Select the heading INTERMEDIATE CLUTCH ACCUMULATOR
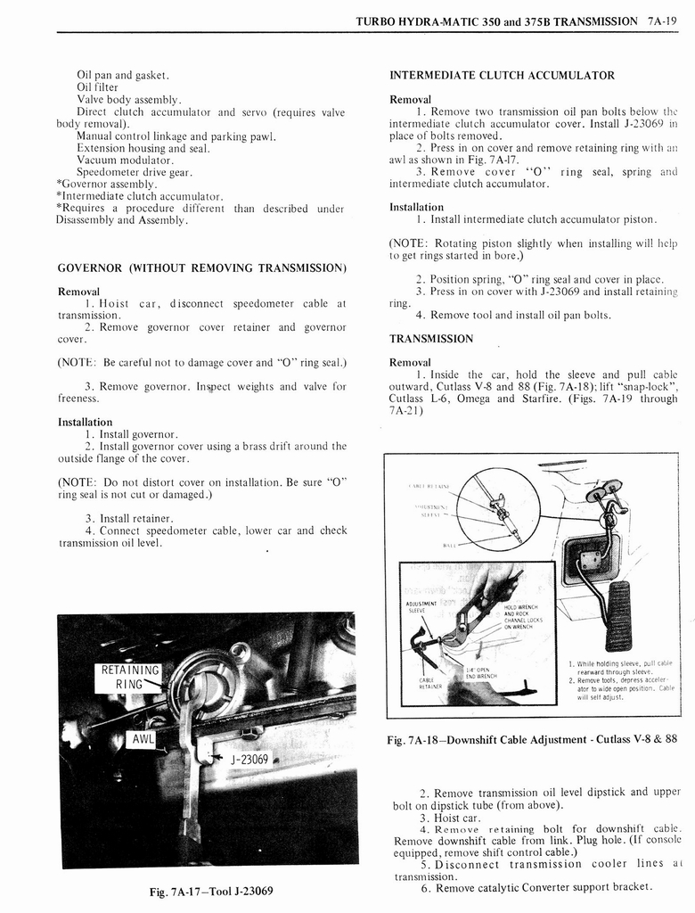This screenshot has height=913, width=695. [502, 75]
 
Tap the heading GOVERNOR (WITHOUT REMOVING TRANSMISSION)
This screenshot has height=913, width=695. [201, 267]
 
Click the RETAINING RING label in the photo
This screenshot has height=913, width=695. [130, 678]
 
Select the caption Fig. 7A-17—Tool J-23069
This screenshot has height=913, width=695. [211, 891]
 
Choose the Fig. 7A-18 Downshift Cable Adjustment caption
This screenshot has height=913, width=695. [532, 739]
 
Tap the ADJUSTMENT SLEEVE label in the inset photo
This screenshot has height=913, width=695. [421, 607]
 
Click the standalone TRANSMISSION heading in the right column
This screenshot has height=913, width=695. [431, 339]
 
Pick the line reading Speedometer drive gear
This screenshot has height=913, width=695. [134, 172]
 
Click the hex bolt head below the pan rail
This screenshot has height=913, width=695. [252, 732]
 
